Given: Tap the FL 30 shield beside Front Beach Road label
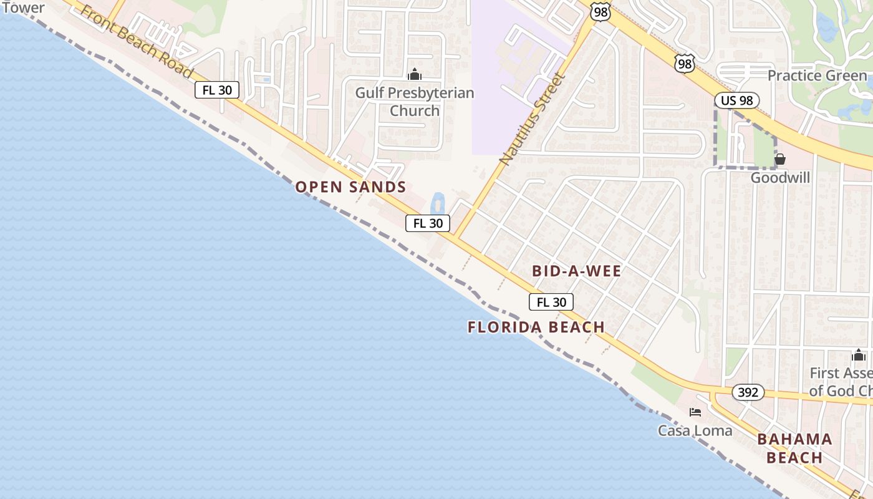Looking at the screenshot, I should pos(217,90).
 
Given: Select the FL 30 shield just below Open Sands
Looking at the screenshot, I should pos(428,223).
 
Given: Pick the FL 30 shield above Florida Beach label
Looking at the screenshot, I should pos(551,302).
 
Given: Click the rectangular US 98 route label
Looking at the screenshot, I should pos(736,100).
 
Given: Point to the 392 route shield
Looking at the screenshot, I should pos(748,392).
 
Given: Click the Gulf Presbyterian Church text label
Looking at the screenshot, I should pos(415,102).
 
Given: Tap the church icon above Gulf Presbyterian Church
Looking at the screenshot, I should pos(415,75).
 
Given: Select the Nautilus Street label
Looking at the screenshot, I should pos(532,119).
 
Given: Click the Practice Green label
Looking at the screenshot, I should pos(817,76).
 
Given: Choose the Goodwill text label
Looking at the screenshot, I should pos(780,178).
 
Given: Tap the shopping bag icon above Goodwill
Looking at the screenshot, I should pos(779,159).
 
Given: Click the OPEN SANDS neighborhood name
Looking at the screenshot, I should pos(350,187).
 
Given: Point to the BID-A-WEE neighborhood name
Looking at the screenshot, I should pos(577,271).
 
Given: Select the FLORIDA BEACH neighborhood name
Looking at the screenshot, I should pos(536,327).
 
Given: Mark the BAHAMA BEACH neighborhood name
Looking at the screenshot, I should pos(794,448).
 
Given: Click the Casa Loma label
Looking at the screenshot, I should pos(695,430).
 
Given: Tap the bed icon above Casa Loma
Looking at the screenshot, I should pos(695,412).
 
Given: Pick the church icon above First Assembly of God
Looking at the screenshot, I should pos(859,356).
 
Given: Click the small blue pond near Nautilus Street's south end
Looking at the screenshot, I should pos(438,203).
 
